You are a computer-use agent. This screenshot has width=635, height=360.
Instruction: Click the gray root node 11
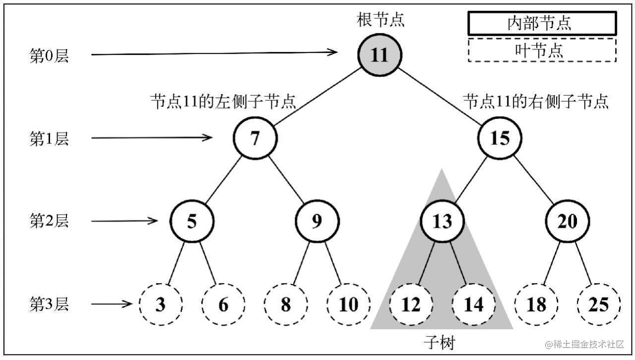[380, 55]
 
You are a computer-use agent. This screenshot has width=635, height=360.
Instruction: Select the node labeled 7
[255, 138]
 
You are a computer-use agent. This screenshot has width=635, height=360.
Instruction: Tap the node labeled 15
[500, 138]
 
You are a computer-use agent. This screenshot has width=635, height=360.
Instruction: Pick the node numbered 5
[192, 221]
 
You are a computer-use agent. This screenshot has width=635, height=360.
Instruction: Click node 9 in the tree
[317, 221]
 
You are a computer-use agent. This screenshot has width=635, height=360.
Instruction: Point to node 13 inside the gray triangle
[442, 221]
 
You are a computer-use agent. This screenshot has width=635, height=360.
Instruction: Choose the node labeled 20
[568, 221]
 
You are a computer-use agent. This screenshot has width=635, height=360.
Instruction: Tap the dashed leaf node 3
[161, 304]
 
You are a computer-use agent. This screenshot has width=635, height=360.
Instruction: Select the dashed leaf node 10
[348, 304]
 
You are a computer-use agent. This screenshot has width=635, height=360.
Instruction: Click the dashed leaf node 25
[599, 304]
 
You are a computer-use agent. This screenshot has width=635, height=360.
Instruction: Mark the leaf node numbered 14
[474, 304]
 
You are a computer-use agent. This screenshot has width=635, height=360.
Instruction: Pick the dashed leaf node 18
[536, 304]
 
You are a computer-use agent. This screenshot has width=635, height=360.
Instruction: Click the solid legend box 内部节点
[542, 23]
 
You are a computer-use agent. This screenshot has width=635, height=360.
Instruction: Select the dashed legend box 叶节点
[542, 50]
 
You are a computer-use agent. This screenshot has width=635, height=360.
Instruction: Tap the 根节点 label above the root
[381, 19]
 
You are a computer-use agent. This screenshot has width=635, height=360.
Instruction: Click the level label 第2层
[49, 221]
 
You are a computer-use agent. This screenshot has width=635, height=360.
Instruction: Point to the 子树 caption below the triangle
[440, 343]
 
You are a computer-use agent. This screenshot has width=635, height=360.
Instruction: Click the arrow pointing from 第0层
[214, 53]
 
